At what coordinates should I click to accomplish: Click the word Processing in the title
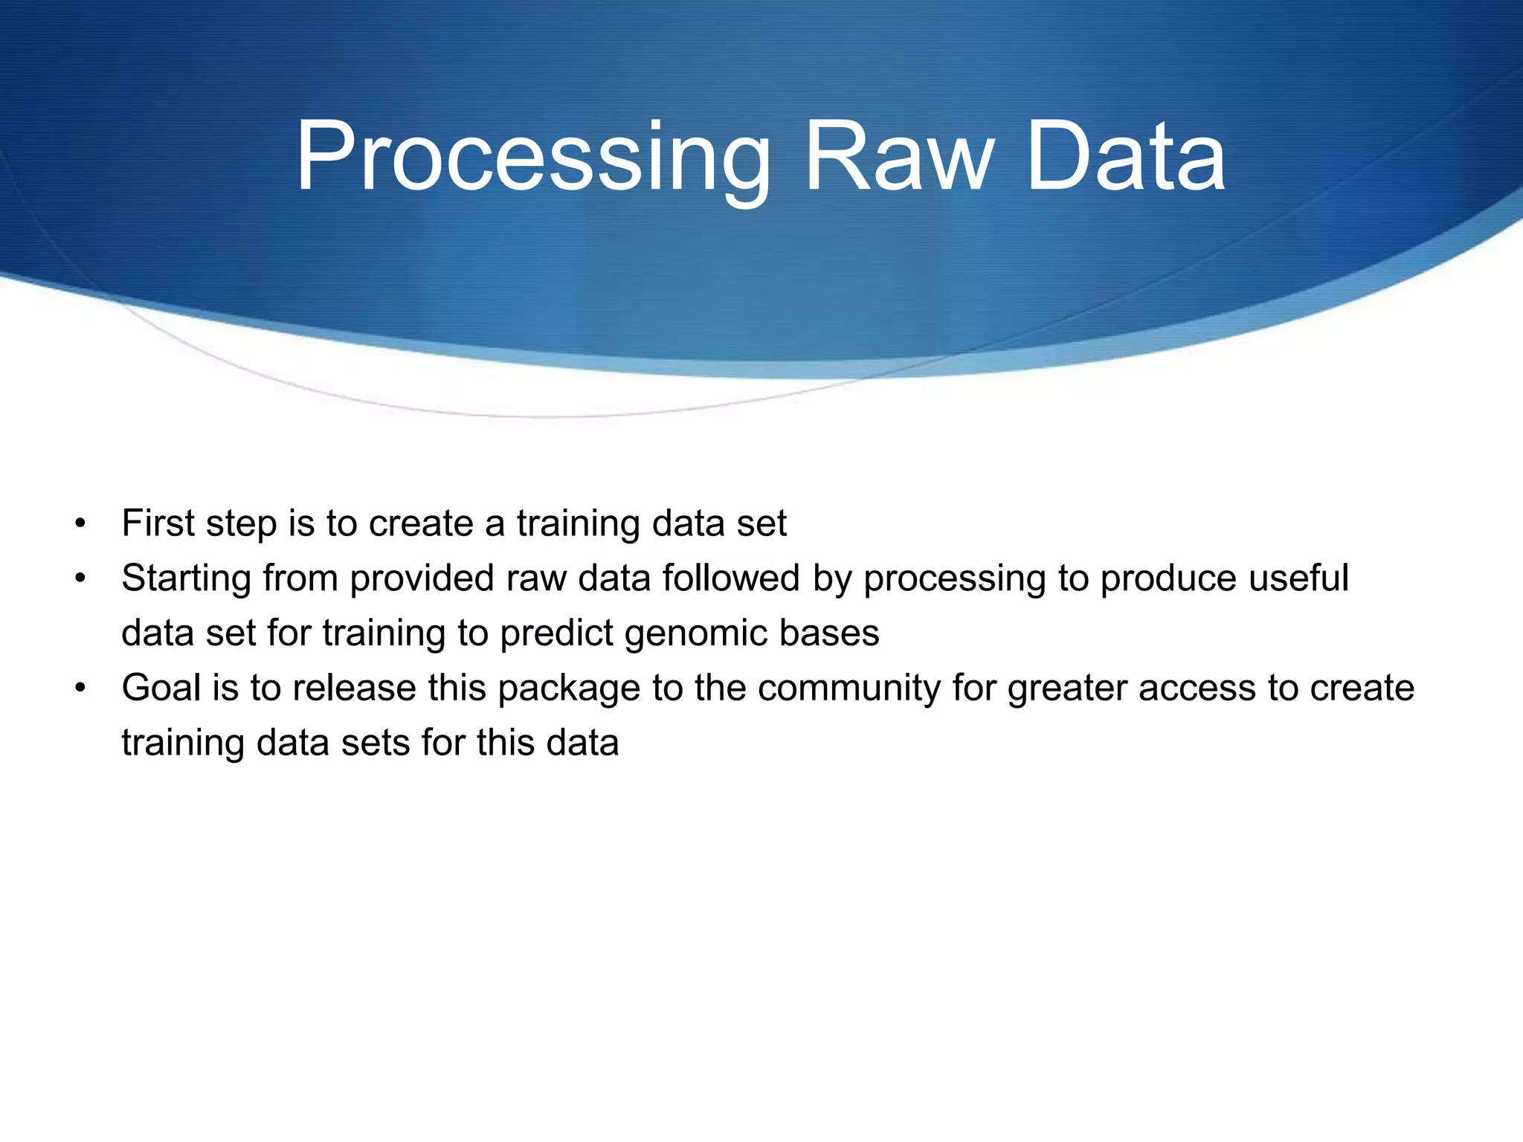pos(532,158)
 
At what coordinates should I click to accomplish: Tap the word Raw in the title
pos(898,158)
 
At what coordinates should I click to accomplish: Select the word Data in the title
pos(1125,158)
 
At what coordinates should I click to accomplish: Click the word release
pos(354,688)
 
